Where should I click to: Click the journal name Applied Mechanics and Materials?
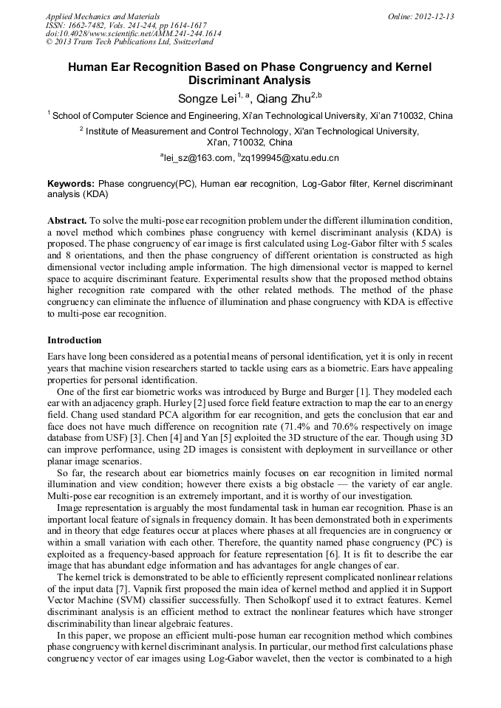[x=103, y=16]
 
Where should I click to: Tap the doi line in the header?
[x=133, y=34]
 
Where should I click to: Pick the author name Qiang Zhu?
[x=282, y=97]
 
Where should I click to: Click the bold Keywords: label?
[x=71, y=183]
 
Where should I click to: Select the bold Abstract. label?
[x=67, y=221]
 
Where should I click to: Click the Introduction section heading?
[x=75, y=340]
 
